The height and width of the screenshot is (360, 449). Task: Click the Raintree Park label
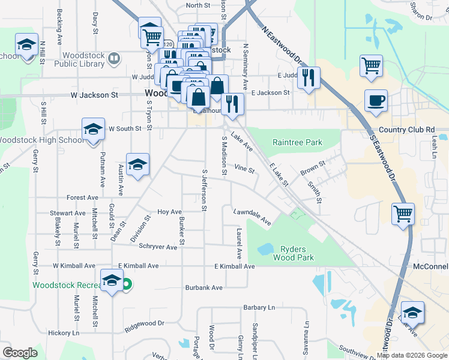[297, 143]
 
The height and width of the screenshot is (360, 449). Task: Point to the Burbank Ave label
[203, 287]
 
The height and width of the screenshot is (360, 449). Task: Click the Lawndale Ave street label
[252, 217]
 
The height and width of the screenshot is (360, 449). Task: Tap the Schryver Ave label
[158, 247]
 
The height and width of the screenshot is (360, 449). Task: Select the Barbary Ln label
[259, 308]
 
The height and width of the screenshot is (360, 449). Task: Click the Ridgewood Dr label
[144, 325]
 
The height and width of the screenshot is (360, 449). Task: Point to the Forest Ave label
[82, 197]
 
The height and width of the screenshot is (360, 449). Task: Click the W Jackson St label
[94, 95]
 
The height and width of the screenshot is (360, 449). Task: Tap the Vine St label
[244, 169]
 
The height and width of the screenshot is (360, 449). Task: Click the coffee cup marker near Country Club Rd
[376, 100]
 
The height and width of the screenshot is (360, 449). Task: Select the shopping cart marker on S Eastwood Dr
[403, 214]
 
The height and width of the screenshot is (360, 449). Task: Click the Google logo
[20, 353]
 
